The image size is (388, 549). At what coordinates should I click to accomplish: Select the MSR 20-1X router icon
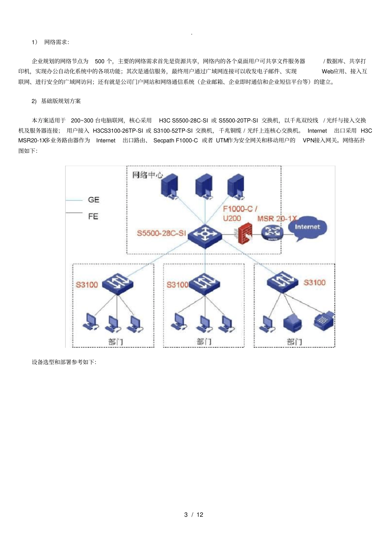(272, 232)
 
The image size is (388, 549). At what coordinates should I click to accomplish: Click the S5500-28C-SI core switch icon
(204, 235)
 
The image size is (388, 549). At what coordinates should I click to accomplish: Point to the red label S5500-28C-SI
(161, 233)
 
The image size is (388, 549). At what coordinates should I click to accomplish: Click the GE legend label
(94, 200)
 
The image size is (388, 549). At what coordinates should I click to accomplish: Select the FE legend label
(93, 216)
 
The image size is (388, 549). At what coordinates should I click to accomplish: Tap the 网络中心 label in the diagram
(147, 175)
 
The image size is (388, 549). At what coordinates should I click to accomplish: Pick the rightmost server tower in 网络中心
(236, 187)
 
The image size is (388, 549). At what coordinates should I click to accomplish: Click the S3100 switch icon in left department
(118, 283)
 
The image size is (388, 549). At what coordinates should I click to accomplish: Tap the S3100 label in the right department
(314, 282)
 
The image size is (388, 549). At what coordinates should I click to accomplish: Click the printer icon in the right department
(292, 323)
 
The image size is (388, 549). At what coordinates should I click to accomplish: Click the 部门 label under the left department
(116, 342)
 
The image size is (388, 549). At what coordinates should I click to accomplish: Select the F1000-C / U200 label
(240, 213)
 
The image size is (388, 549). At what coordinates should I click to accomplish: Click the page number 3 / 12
(194, 515)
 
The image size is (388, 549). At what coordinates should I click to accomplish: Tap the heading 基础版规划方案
(61, 101)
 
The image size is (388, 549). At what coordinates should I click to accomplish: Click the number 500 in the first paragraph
(100, 61)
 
